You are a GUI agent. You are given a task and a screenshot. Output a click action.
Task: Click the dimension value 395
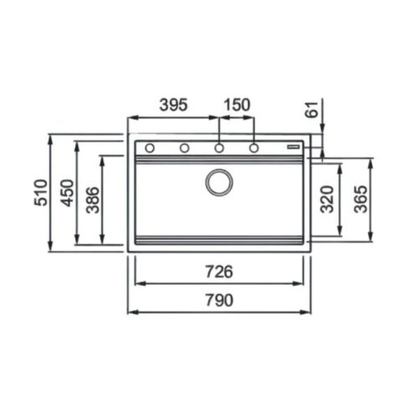173,105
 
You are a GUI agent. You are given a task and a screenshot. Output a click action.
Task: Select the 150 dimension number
237,105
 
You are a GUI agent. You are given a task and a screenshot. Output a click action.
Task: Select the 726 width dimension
218,272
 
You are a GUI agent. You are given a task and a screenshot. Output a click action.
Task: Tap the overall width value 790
218,300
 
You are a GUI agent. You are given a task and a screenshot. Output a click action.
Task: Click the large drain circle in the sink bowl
219,182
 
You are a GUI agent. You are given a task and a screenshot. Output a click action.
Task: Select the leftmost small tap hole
150,148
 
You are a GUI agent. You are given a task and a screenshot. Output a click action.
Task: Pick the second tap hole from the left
184,148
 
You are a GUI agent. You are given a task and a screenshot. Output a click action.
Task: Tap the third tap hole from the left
219,148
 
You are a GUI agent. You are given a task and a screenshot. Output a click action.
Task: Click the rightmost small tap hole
253,148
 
